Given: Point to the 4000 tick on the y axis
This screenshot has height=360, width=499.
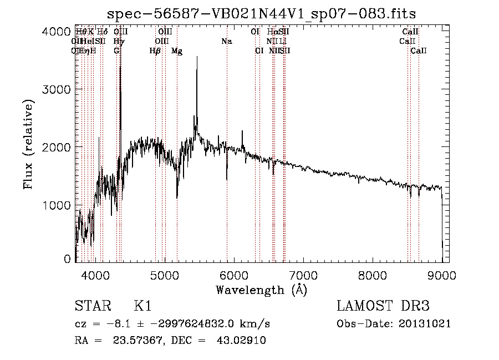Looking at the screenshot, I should [56, 32].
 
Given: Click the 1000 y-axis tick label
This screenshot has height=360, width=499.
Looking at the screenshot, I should [56, 206].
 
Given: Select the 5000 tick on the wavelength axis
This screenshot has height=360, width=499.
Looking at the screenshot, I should [164, 274].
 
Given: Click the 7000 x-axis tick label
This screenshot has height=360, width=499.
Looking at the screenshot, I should [303, 274].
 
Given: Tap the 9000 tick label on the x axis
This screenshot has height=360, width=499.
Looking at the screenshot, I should [441, 274].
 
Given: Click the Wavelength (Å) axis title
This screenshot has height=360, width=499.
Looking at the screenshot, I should [261, 290].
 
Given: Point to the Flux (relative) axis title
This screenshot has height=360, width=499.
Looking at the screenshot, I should [29, 144].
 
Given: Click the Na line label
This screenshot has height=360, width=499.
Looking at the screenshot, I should [226, 42].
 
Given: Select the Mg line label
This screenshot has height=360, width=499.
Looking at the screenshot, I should [177, 51].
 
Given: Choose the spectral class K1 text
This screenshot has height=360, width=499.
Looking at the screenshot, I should [142, 307].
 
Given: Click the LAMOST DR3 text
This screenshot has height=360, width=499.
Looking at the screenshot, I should [383, 307].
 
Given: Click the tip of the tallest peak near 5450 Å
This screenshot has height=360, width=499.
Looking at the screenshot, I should [197, 57].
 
